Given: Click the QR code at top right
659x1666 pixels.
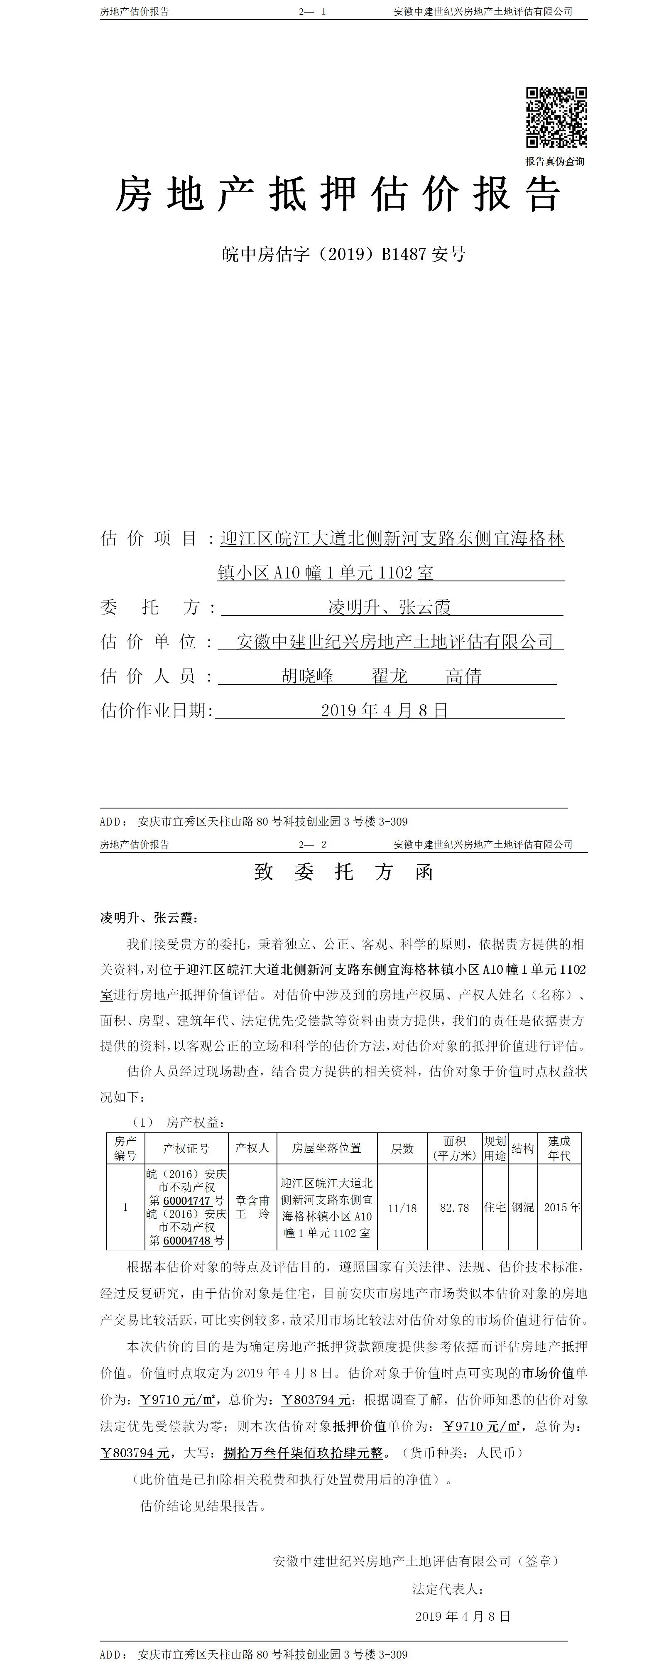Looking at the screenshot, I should click(x=556, y=118).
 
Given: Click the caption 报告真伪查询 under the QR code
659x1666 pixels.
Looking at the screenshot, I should click(x=555, y=162).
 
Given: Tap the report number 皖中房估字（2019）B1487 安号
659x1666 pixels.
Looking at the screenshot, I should click(x=343, y=254).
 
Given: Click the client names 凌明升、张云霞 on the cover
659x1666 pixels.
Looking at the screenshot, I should click(x=390, y=607).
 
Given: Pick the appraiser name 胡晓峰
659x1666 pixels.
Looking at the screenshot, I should click(x=307, y=676).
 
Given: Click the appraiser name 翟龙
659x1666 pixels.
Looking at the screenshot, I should click(x=390, y=676).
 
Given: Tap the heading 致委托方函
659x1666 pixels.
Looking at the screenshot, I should click(x=343, y=872).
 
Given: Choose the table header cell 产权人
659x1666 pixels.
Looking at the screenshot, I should click(x=252, y=1148).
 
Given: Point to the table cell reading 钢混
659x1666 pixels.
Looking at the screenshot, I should click(x=522, y=1208).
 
